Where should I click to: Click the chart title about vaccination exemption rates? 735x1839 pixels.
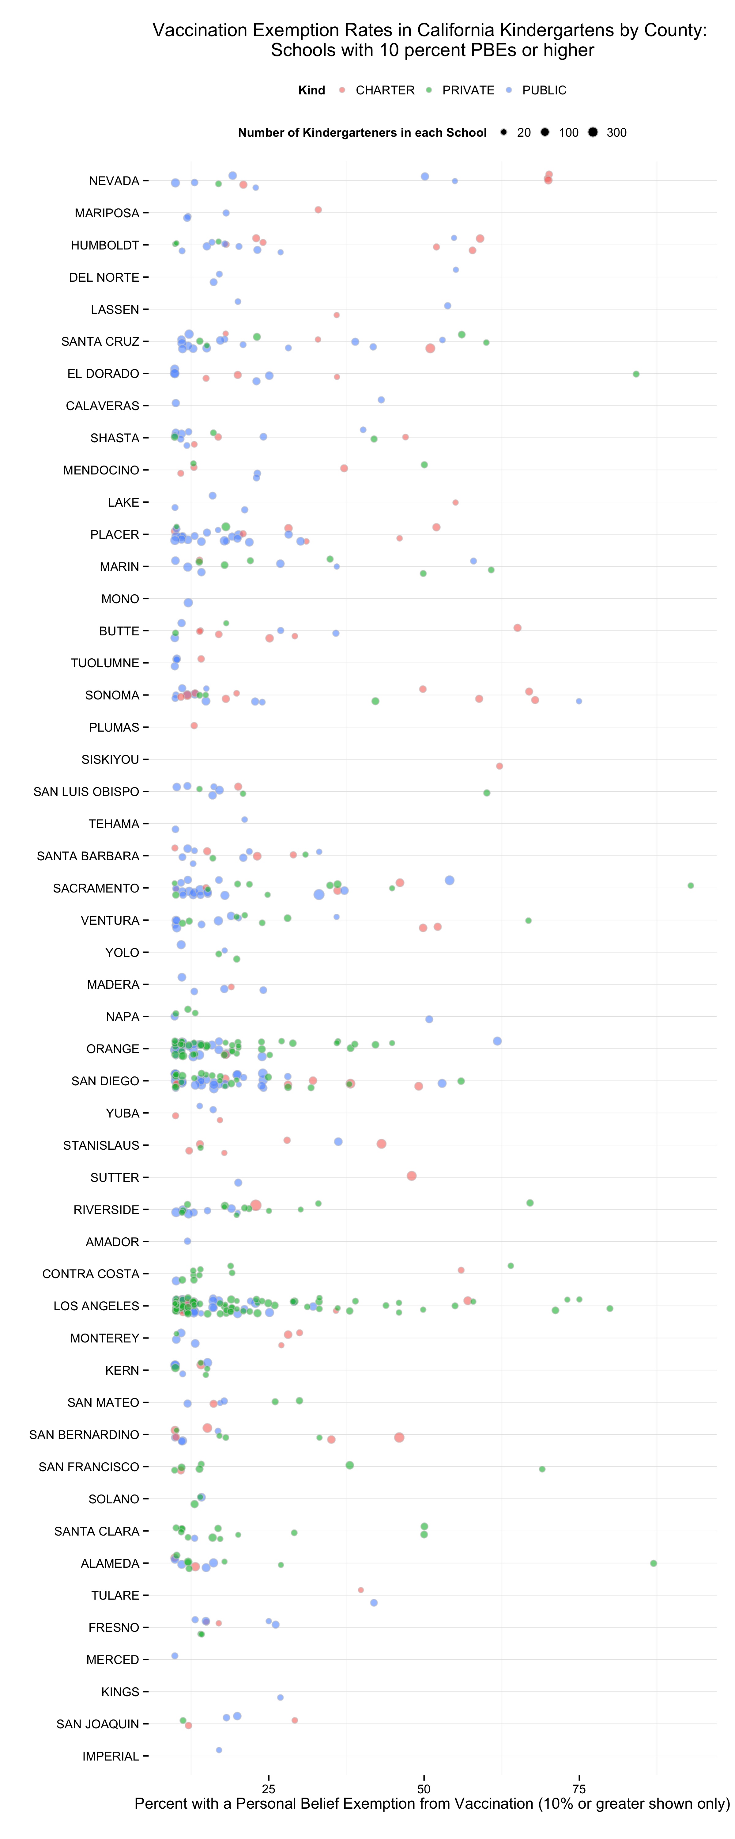(430, 40)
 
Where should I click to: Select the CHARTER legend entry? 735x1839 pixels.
(384, 90)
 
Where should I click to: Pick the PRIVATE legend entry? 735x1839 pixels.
(467, 90)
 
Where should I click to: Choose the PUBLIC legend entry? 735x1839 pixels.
(544, 90)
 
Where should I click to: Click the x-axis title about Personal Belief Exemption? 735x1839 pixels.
(432, 1804)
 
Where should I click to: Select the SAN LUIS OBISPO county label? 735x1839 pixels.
(86, 792)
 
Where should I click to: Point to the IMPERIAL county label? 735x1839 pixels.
(111, 1756)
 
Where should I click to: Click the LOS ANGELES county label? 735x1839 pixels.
(96, 1306)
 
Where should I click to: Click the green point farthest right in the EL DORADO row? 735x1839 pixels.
(636, 374)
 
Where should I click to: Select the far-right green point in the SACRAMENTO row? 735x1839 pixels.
(690, 885)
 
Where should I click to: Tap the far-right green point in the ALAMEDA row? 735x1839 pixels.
(653, 1563)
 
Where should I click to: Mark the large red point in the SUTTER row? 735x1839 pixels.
(411, 1176)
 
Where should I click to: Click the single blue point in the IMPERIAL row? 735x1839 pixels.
(219, 1750)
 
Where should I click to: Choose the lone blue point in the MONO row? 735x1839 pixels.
(188, 603)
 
